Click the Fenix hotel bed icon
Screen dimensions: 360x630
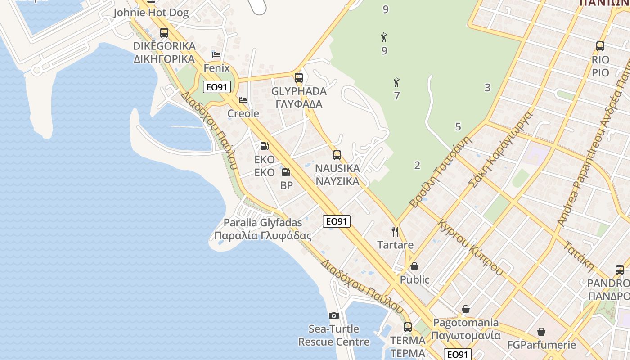[216, 55]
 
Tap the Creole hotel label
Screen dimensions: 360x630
[243, 113]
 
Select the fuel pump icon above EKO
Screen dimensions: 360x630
[264, 146]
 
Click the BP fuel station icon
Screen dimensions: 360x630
[286, 172]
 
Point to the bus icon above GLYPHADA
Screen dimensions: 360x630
[298, 77]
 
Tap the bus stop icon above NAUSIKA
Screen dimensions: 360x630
[337, 155]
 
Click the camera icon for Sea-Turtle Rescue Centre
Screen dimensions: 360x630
[333, 315]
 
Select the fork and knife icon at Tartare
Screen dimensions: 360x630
[395, 232]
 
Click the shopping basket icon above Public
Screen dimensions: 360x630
[414, 266]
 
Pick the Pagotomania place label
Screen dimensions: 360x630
[466, 329]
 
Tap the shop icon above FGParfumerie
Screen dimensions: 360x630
[541, 332]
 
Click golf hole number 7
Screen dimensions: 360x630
[396, 96]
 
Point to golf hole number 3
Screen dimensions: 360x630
[487, 88]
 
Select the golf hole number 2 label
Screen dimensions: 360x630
[417, 165]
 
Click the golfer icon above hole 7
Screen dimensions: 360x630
[396, 82]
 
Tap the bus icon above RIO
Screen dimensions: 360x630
[600, 46]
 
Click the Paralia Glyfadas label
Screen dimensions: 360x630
[263, 229]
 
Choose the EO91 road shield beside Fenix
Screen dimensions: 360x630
[217, 87]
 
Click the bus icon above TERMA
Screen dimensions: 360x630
[408, 327]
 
